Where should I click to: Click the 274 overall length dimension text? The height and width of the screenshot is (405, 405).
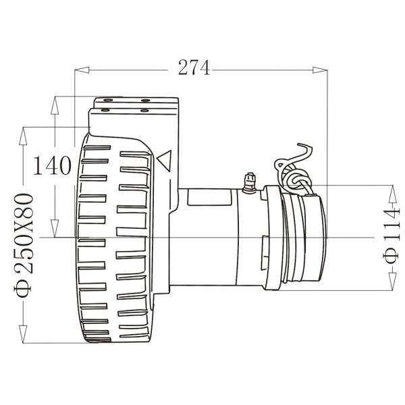coord(194,67)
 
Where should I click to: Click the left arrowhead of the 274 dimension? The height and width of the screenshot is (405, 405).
coord(80,68)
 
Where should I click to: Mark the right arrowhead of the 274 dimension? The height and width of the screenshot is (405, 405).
coord(322,68)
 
